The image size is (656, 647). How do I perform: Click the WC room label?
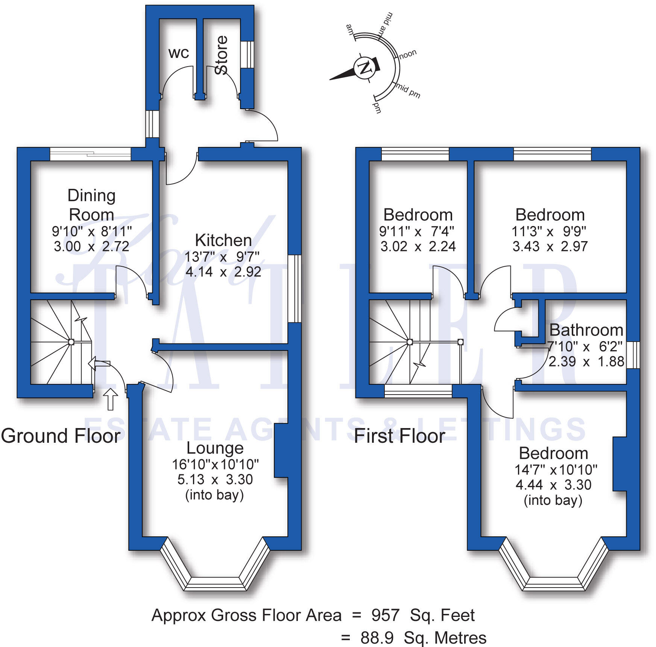coord(178,53)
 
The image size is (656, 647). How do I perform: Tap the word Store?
coord(222,55)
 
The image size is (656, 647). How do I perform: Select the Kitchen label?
coord(223,240)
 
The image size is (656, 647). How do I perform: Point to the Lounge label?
coord(215,448)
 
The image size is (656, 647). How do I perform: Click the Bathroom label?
coord(586,330)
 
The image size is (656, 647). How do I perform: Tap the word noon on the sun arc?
coord(407,55)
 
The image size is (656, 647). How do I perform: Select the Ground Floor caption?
coord(61,436)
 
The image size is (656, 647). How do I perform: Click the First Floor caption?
coord(399,436)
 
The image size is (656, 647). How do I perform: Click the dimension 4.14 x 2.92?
coord(223,272)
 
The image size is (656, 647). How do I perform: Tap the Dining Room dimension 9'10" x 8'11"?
coord(91,231)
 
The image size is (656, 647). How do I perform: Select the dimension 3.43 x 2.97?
coord(550,246)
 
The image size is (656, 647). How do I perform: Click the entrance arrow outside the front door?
coord(110,399)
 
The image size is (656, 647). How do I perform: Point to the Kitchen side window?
coord(295,289)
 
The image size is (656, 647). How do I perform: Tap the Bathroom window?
coord(633,355)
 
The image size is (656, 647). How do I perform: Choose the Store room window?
coord(247,55)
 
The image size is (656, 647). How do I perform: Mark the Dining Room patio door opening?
coord(90,154)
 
